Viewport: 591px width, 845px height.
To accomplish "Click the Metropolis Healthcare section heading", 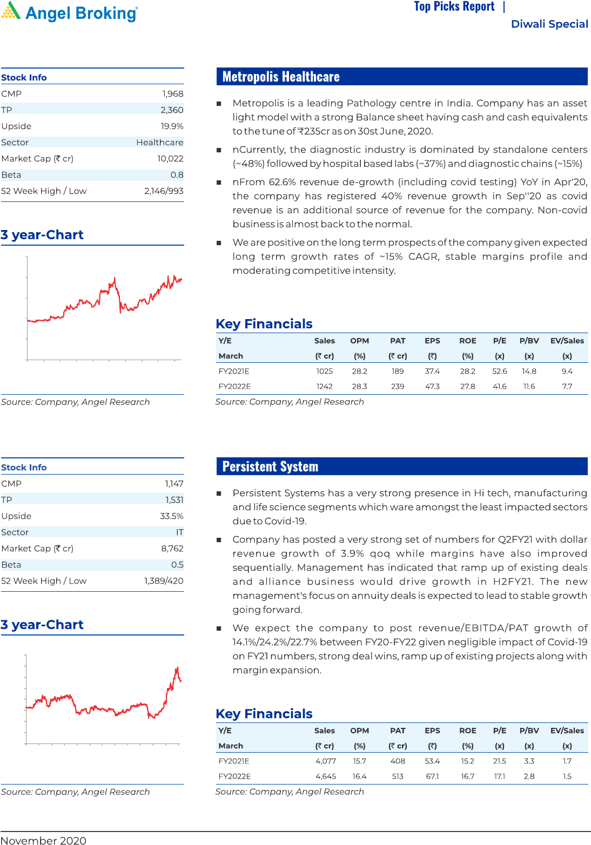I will click(x=281, y=77).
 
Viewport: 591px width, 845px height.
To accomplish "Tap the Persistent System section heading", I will click(x=270, y=467).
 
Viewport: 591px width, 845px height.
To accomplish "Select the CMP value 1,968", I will click(x=173, y=94).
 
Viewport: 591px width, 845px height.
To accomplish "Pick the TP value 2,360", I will click(x=172, y=110).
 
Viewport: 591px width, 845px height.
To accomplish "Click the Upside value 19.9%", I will click(x=172, y=126).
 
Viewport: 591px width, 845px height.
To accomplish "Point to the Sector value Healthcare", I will click(x=159, y=143).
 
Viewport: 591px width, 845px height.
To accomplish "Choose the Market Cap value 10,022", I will click(x=170, y=159).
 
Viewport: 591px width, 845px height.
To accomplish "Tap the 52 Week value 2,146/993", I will click(x=164, y=191).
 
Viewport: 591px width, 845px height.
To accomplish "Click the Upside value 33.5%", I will click(x=171, y=516).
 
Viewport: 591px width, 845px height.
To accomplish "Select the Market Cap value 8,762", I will click(x=172, y=549).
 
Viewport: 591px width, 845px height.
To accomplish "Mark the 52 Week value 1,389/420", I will click(x=164, y=581).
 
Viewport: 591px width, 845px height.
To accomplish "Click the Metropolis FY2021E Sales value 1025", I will click(x=325, y=371).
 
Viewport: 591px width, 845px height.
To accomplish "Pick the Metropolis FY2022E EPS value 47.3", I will click(x=432, y=387).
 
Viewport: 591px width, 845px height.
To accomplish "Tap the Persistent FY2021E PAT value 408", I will click(x=398, y=761).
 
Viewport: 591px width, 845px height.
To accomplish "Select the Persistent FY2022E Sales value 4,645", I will click(x=326, y=776).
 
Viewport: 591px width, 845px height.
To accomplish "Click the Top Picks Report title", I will click(x=454, y=6).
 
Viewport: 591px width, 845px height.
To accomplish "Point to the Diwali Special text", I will click(x=549, y=24).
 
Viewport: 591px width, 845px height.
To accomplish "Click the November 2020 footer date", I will click(x=43, y=840).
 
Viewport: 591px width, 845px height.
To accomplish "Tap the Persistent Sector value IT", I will click(x=179, y=532).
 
